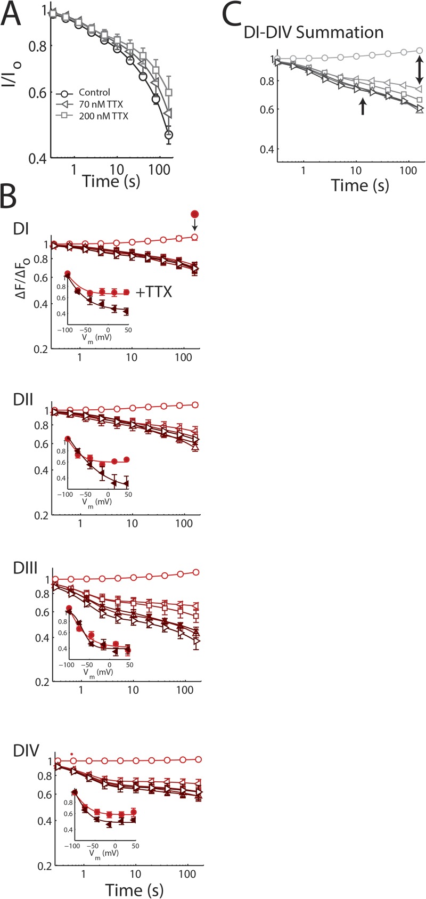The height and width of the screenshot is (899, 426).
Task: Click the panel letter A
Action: [x=11, y=16]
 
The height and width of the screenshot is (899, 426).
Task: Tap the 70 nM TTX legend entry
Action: [x=99, y=104]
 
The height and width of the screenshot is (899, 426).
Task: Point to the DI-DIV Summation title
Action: [x=313, y=32]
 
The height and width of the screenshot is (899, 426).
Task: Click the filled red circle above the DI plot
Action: [x=194, y=214]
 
